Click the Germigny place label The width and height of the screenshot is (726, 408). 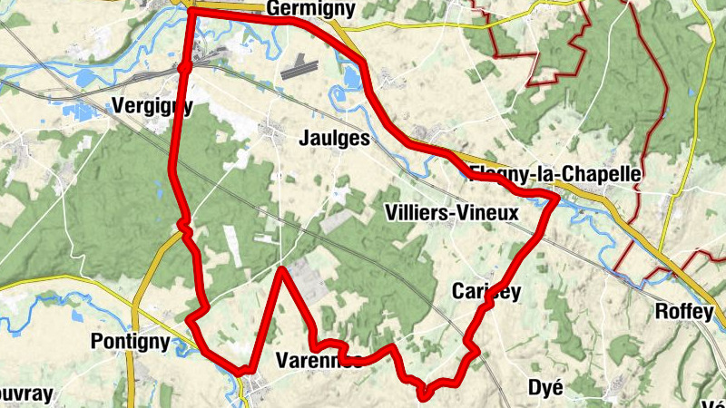click(x=304, y=9)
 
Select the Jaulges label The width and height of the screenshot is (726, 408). click(x=335, y=139)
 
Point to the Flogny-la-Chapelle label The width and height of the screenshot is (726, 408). click(x=555, y=173)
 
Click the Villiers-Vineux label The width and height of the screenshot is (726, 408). click(x=451, y=213)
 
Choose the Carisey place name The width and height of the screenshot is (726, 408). click(x=486, y=291)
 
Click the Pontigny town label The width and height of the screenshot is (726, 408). click(x=131, y=342)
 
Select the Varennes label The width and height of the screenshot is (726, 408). click(x=318, y=361)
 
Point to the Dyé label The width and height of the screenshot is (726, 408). click(x=546, y=388)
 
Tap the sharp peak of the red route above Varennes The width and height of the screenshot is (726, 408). click(x=283, y=269)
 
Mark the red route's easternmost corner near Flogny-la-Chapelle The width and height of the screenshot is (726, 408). click(x=554, y=197)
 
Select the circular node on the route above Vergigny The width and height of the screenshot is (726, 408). click(x=185, y=66)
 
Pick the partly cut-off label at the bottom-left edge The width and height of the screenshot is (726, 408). click(x=25, y=395)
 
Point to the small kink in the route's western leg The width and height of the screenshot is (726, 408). click(x=184, y=223)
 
